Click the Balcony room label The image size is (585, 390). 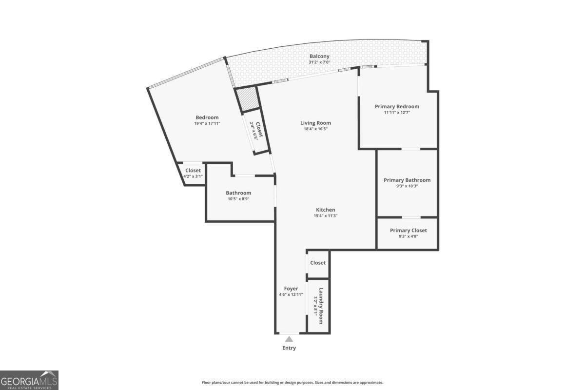click(319, 56)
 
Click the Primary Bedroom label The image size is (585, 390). click(397, 106)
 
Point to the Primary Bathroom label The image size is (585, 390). click(407, 180)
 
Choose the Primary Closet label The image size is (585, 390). click(409, 230)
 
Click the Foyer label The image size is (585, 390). click(291, 289)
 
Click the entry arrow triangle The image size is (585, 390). click(289, 339)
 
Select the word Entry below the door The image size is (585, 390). click(289, 348)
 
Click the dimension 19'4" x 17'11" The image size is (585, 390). click(207, 123)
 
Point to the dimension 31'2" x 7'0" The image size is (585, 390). click(319, 62)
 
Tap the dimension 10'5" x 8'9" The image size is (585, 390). click(238, 199)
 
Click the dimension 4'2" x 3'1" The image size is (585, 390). click(193, 176)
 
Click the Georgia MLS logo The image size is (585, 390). click(29, 380)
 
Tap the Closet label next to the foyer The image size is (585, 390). click(318, 263)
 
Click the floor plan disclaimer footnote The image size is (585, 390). click(292, 383)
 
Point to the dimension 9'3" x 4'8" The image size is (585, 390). click(409, 236)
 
